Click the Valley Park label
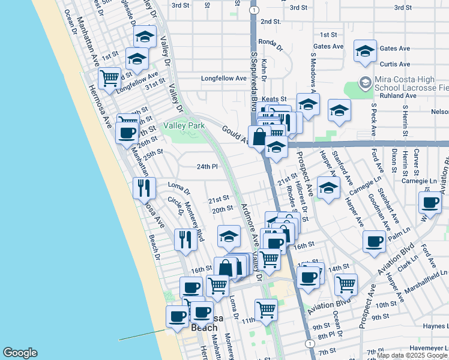coord(184,125)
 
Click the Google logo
coord(20,352)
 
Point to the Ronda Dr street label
coord(270,42)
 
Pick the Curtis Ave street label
coord(395,64)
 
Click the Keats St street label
coord(274,98)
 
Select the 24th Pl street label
coord(206,166)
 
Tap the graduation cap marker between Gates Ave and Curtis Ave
coord(364,52)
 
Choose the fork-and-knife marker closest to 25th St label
coord(144,188)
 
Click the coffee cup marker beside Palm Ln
coord(375,241)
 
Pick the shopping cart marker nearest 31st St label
coord(109,78)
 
